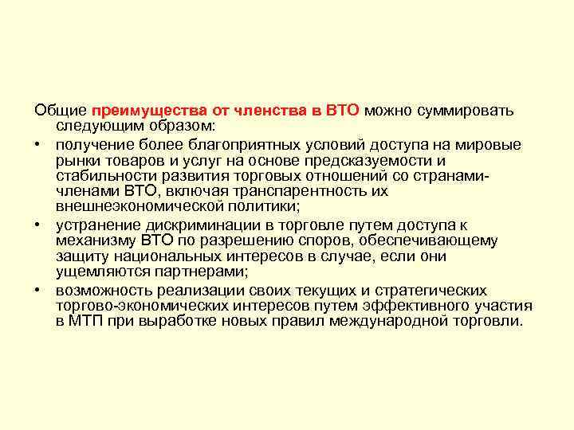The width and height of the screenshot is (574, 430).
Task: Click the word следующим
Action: (x=93, y=127)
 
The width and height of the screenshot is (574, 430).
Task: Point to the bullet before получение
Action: (x=39, y=144)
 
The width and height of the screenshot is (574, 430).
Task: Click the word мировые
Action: (x=490, y=144)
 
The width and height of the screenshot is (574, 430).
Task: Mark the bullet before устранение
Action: (x=39, y=225)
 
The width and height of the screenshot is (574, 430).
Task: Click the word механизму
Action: (x=96, y=240)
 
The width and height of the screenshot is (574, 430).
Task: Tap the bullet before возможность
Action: (x=39, y=290)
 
